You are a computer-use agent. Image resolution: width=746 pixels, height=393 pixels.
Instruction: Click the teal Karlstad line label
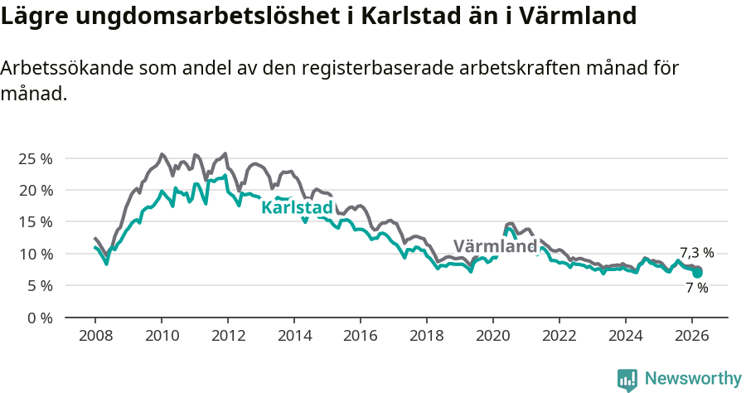[x=297, y=207]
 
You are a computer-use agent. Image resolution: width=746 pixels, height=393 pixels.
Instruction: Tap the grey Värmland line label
[x=495, y=246]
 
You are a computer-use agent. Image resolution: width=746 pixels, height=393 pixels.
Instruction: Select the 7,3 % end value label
[x=696, y=253]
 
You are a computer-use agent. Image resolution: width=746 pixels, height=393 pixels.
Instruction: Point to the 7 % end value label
[x=696, y=288]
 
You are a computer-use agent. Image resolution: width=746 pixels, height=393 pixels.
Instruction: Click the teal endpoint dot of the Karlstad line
[x=698, y=272]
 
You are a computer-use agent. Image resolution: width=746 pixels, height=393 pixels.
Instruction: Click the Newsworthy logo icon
[x=627, y=380]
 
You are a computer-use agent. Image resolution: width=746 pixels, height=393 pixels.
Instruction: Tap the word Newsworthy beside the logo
[x=692, y=379]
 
